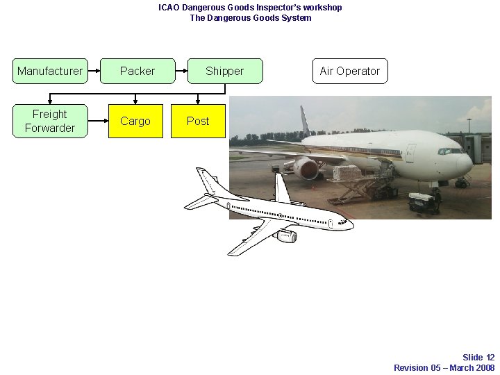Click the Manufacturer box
click(x=50, y=71)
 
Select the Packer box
click(x=137, y=71)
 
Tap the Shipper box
click(x=225, y=71)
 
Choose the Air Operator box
click(x=349, y=71)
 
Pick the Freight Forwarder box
click(x=50, y=121)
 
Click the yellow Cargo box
click(x=135, y=121)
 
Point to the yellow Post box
click(x=198, y=121)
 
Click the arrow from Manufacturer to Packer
click(x=94, y=71)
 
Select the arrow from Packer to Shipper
click(x=181, y=71)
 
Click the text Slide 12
click(x=478, y=358)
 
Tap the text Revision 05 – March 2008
click(x=444, y=367)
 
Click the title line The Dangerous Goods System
click(x=250, y=18)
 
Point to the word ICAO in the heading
click(x=169, y=8)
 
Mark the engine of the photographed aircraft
click(x=306, y=168)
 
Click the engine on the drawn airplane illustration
click(x=285, y=236)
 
